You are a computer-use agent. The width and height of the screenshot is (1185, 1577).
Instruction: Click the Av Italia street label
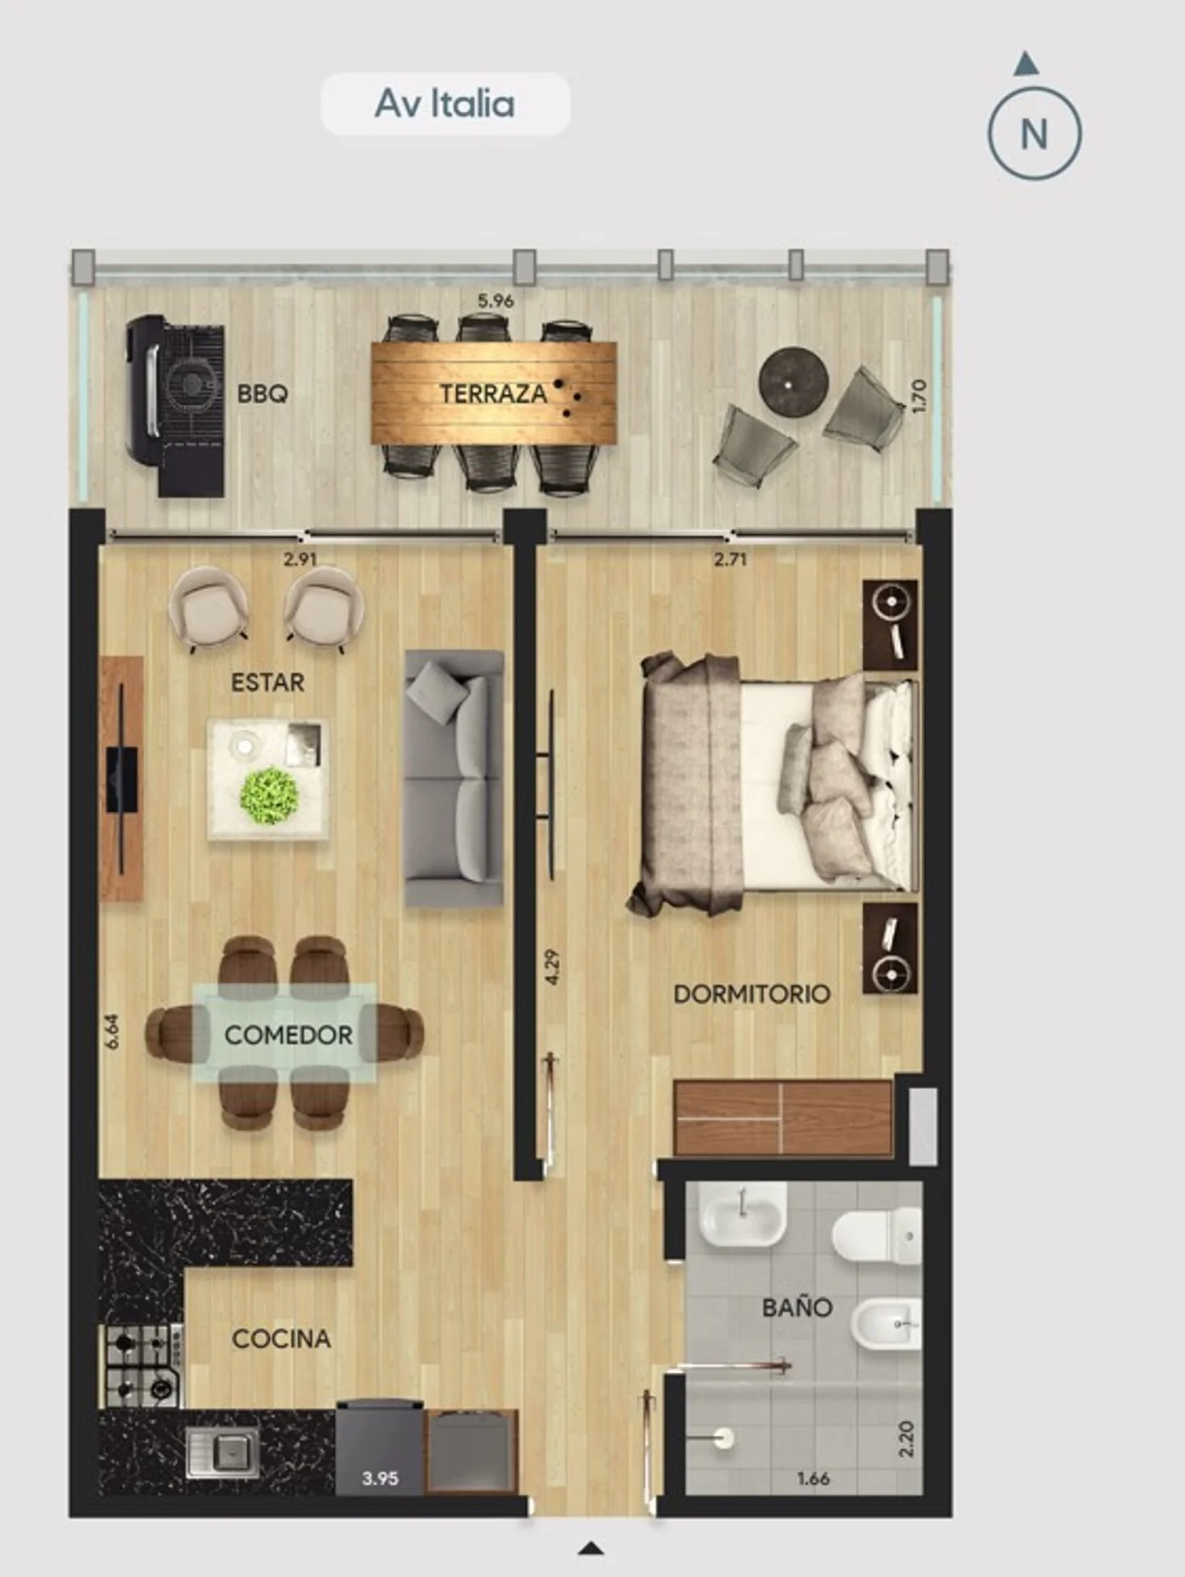pos(445,103)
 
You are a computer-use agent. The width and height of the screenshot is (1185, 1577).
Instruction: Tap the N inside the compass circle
pos(1034,134)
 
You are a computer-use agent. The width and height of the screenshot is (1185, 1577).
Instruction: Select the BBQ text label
pos(262,393)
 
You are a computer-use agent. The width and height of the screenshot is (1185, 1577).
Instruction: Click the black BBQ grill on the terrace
pos(174,406)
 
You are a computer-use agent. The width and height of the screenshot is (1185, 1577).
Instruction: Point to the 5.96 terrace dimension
pos(496,301)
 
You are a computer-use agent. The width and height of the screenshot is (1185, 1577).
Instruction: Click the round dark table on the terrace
pos(793,382)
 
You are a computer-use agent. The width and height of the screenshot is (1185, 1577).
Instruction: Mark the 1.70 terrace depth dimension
pos(920,396)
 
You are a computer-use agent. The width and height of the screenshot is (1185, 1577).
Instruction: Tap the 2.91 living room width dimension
pos(300,559)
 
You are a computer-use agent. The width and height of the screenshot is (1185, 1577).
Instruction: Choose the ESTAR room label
pos(267,683)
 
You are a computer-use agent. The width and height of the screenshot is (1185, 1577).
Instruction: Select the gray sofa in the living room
pos(454,778)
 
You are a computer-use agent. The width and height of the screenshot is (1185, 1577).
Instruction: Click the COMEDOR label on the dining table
pos(288,1035)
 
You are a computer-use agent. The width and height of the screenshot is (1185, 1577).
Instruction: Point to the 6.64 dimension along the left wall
pos(113,1032)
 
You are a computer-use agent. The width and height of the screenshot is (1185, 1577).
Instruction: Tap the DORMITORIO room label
pos(752,994)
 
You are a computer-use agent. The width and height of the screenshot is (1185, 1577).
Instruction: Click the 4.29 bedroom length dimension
pos(552,968)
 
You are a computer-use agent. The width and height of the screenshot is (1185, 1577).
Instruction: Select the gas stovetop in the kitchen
pos(141,1365)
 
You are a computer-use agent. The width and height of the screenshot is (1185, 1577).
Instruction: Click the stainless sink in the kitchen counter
pos(223,1451)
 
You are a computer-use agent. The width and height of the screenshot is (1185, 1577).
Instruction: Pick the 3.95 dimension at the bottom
pos(380,1478)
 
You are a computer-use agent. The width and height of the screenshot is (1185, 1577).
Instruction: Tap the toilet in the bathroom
pos(877,1234)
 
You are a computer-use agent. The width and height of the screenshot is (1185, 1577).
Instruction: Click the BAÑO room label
pos(797,1306)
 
